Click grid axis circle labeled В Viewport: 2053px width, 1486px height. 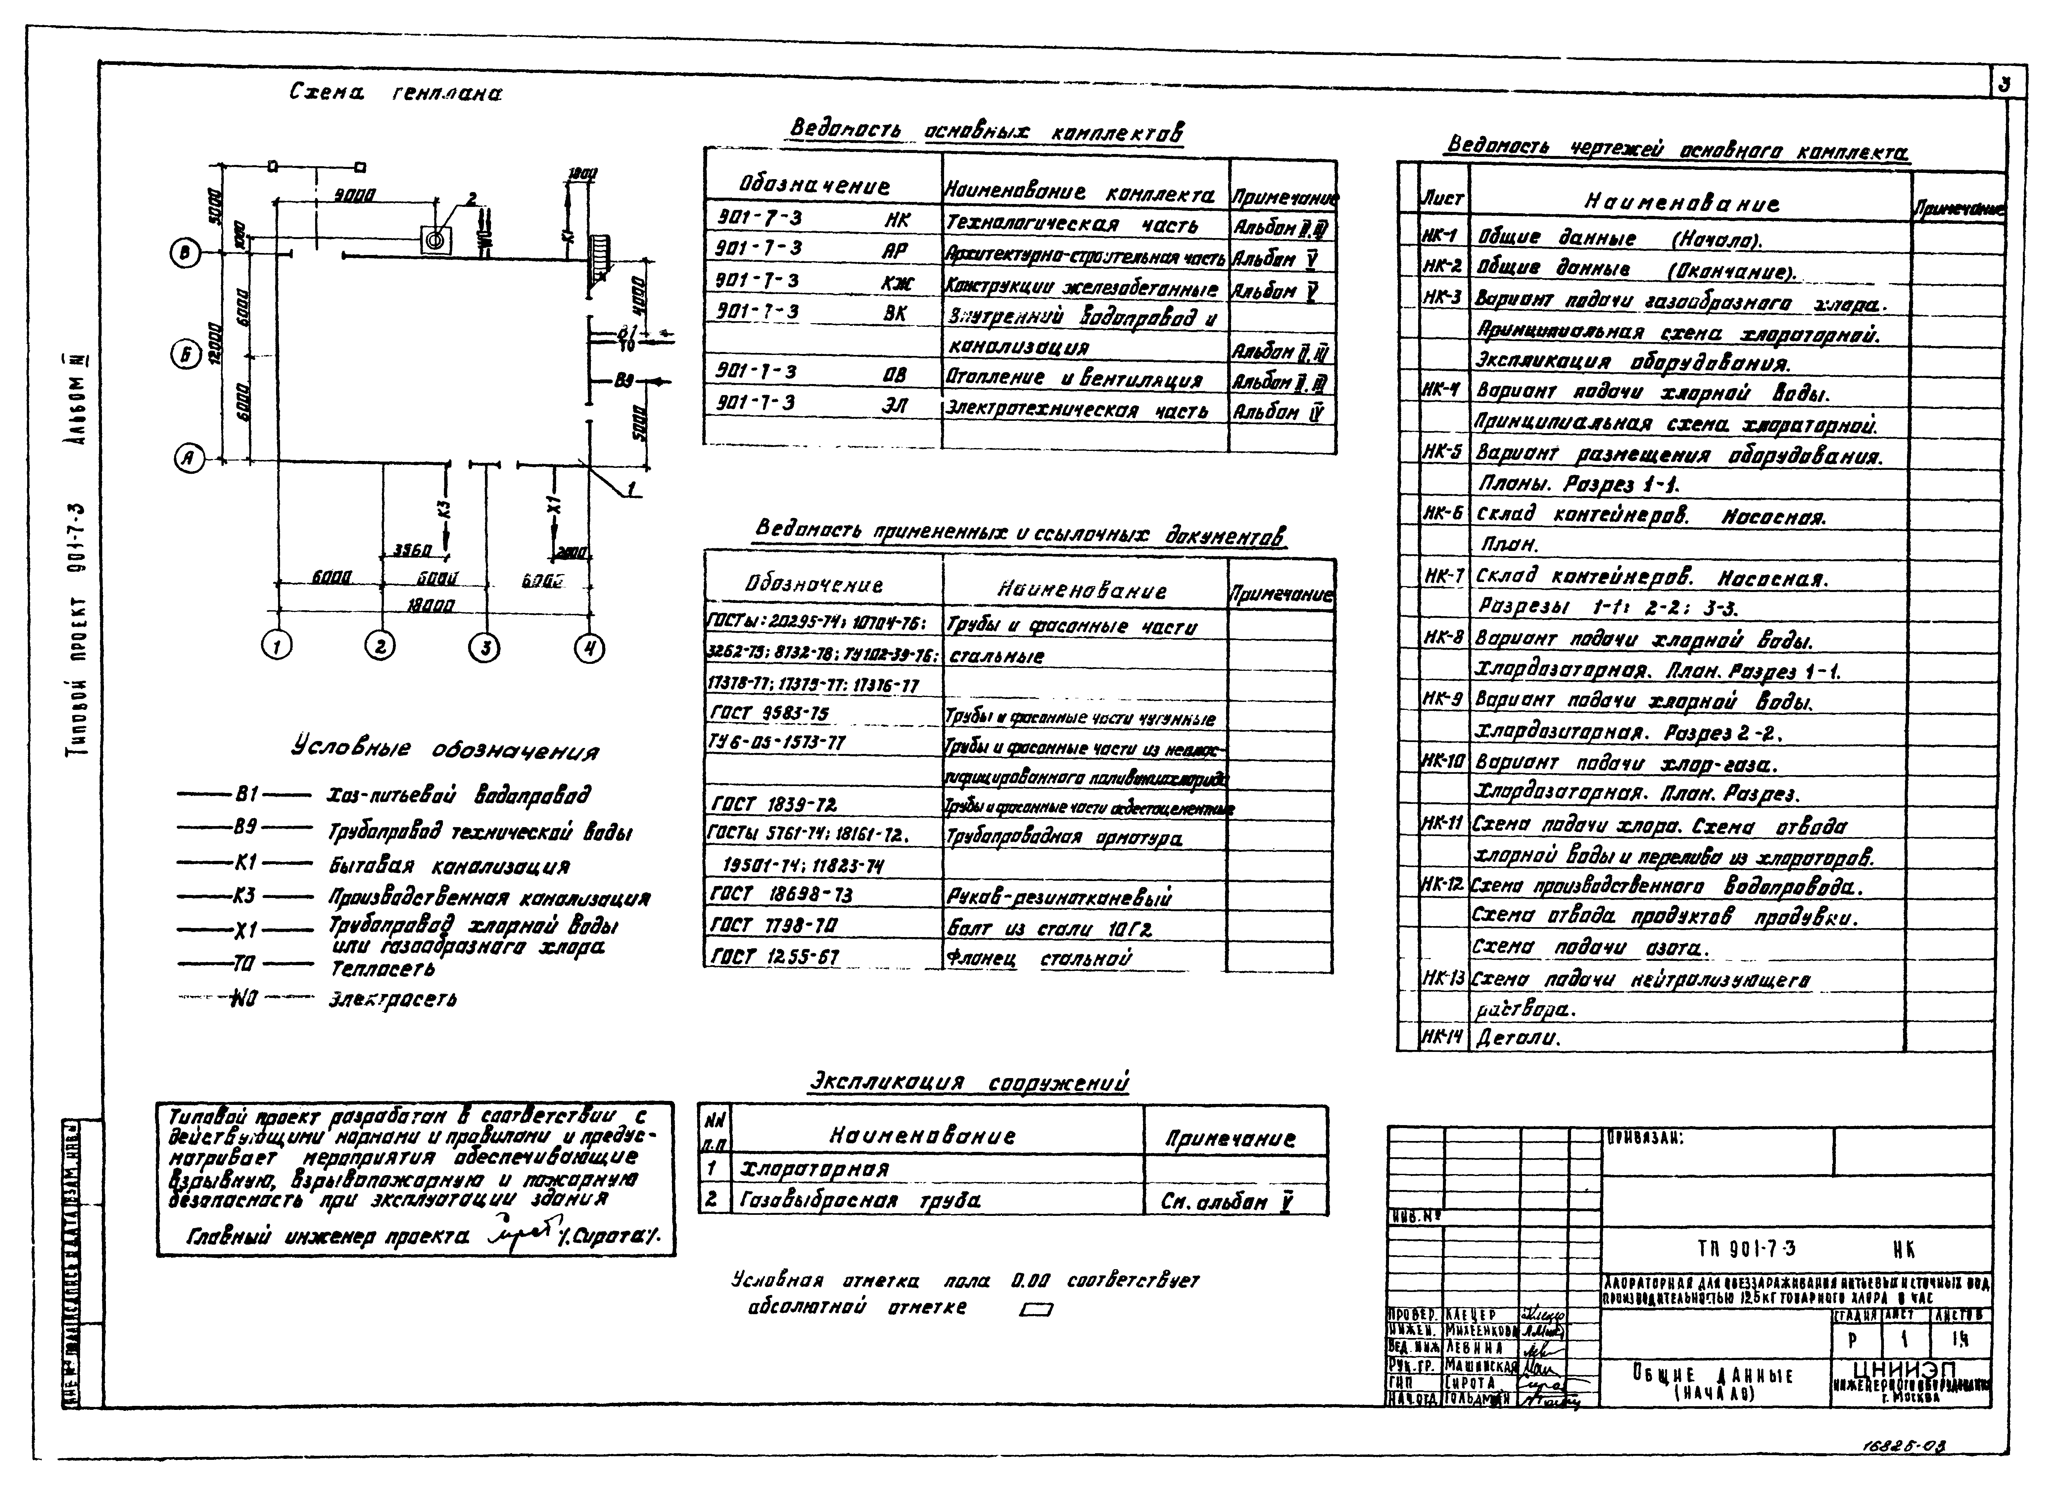(186, 255)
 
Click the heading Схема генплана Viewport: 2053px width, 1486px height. (396, 92)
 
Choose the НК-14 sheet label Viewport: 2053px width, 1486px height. (1441, 1038)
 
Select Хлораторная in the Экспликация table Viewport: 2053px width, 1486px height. (815, 1169)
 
